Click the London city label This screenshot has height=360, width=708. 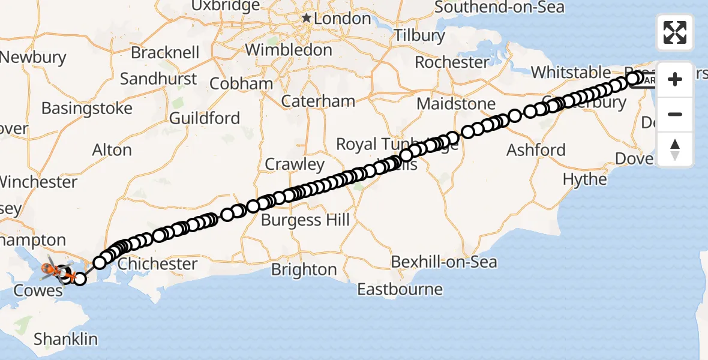click(x=343, y=19)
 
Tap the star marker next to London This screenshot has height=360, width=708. click(x=307, y=19)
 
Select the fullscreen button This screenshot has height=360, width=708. click(x=675, y=32)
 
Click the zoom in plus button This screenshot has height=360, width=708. click(x=675, y=79)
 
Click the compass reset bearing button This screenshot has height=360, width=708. click(x=675, y=149)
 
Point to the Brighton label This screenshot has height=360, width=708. click(x=304, y=269)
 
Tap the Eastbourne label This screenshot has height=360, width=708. click(x=400, y=290)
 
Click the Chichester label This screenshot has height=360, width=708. click(x=158, y=264)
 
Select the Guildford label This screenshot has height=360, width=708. click(x=205, y=118)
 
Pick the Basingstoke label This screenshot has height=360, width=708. click(x=87, y=109)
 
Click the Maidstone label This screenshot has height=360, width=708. click(x=456, y=104)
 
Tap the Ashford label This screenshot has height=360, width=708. click(x=536, y=149)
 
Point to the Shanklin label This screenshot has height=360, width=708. click(x=65, y=339)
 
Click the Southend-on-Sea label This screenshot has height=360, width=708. click(x=499, y=7)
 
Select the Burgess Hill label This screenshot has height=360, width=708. click(x=305, y=220)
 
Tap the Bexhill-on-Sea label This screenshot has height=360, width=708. click(x=443, y=262)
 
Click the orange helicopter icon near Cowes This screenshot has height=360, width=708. click(x=50, y=271)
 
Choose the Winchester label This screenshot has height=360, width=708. click(x=38, y=181)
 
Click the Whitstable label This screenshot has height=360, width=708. click(x=571, y=73)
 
